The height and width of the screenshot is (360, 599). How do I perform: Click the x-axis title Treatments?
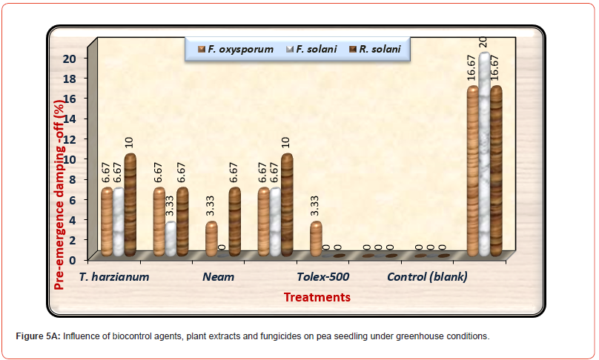(x=317, y=297)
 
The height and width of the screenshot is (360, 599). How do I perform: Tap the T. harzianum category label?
(x=116, y=277)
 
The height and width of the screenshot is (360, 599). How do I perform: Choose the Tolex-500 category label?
(x=323, y=277)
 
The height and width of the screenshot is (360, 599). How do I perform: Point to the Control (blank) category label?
(x=427, y=277)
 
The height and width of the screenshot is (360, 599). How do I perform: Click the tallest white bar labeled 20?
(x=485, y=156)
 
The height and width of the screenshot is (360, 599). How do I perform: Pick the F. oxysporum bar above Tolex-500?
(x=316, y=239)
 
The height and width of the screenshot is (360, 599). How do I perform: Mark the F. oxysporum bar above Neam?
(x=211, y=239)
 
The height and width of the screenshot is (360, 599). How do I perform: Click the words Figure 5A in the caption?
(x=38, y=336)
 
